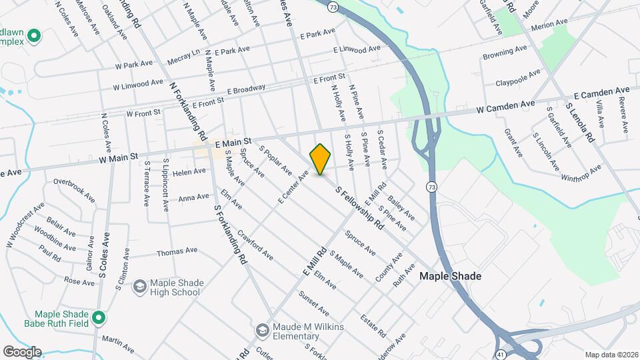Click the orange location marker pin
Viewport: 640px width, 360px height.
coord(320,159)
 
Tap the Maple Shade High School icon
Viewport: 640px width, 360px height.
coord(139,286)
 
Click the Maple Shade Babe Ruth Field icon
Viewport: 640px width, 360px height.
coord(99,318)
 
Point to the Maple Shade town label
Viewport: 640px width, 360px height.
coord(450,275)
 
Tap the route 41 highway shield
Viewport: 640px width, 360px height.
coord(501,350)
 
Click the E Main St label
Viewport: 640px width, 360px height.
coord(232,143)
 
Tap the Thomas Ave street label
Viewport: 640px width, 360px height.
coord(177,252)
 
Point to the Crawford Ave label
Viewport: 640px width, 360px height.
coord(255,245)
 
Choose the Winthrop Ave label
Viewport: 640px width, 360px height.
coord(581,173)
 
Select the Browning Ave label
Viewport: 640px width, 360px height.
coord(505,53)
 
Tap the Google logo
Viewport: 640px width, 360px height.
coord(21,351)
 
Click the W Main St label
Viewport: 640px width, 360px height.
coord(118,158)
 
